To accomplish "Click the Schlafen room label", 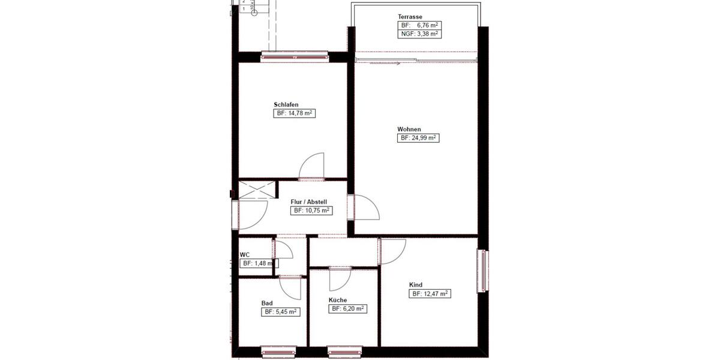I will click(286, 104).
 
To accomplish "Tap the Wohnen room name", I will click(409, 129).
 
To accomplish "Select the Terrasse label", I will click(410, 16).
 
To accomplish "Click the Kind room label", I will click(416, 285).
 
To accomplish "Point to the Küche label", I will click(338, 300).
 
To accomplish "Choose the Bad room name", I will click(267, 303).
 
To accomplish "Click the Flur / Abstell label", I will click(308, 202).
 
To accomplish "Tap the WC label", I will click(244, 254).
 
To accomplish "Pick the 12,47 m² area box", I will click(430, 294).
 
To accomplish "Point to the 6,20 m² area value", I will click(348, 309).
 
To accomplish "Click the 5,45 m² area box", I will click(280, 312).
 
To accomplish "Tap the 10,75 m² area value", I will click(311, 211).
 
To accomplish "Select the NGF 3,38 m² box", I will click(420, 34).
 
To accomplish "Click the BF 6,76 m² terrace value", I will click(420, 25).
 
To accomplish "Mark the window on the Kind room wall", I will click(482, 271).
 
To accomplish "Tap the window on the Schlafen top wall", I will click(295, 57).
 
